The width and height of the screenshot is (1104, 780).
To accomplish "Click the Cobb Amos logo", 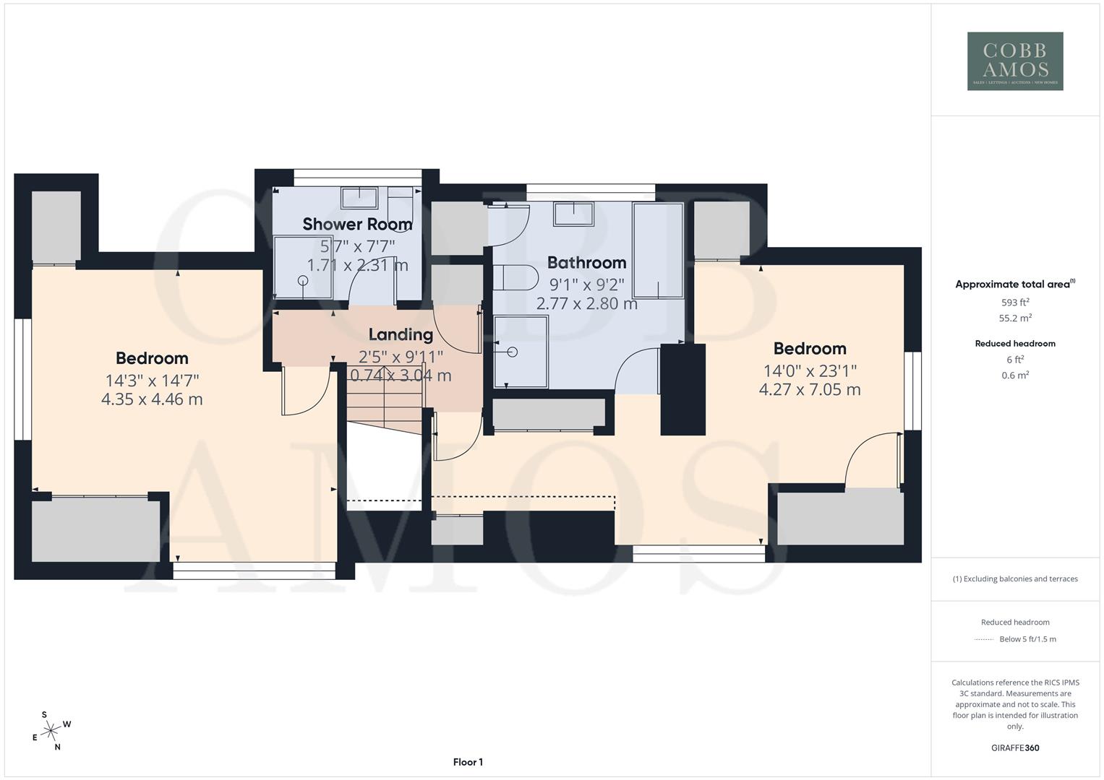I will pyautogui.click(x=1015, y=61).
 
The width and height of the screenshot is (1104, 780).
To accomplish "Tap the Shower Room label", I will pyautogui.click(x=357, y=224).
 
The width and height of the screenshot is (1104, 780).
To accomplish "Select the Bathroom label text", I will pyautogui.click(x=586, y=262).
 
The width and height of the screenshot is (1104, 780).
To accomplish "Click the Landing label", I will pyautogui.click(x=401, y=334).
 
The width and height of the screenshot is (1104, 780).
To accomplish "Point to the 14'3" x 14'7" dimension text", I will pyautogui.click(x=152, y=380).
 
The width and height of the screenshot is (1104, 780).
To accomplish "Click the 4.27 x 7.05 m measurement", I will pyautogui.click(x=809, y=390).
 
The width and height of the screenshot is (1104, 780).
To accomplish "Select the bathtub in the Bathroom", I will pyautogui.click(x=658, y=250).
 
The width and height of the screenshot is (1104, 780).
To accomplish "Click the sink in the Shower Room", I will pyautogui.click(x=359, y=196).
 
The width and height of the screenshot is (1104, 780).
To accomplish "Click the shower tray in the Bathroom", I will pyautogui.click(x=521, y=352).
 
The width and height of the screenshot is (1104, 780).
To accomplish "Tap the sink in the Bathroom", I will pyautogui.click(x=573, y=213).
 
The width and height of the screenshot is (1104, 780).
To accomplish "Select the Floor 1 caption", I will pyautogui.click(x=468, y=762).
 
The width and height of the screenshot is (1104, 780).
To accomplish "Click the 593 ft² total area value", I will pyautogui.click(x=1015, y=303).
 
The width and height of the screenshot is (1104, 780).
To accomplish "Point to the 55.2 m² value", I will pyautogui.click(x=1015, y=318).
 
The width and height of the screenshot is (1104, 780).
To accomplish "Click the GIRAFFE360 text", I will pyautogui.click(x=1015, y=747).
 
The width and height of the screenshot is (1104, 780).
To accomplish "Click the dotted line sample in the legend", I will pyautogui.click(x=984, y=639).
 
